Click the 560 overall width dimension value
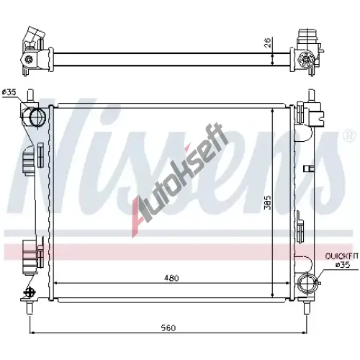click(x=168, y=328)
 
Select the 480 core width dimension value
click(x=171, y=278)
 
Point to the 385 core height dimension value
click(x=267, y=202)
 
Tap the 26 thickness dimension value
click(x=268, y=42)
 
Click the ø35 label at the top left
click(x=9, y=92)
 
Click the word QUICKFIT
click(x=341, y=256)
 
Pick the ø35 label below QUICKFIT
click(x=343, y=265)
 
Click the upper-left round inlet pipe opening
click(x=37, y=117)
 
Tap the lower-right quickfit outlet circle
click(x=307, y=283)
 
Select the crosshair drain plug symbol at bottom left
click(x=29, y=292)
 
